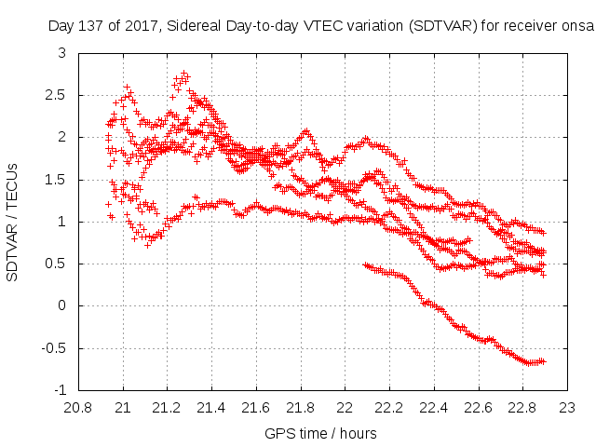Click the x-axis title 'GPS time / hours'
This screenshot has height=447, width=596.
[x=321, y=433]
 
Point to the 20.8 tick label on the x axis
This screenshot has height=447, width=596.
[x=78, y=407]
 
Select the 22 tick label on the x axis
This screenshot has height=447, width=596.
[x=345, y=407]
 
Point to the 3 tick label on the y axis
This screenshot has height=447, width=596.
[x=61, y=53]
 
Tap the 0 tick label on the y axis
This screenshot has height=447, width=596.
[x=61, y=305]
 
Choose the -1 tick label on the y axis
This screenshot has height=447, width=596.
[x=59, y=390]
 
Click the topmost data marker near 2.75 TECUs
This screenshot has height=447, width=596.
[x=185, y=74]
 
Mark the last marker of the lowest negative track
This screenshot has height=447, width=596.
[x=544, y=361]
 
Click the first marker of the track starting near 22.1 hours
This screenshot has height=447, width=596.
[x=365, y=264]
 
